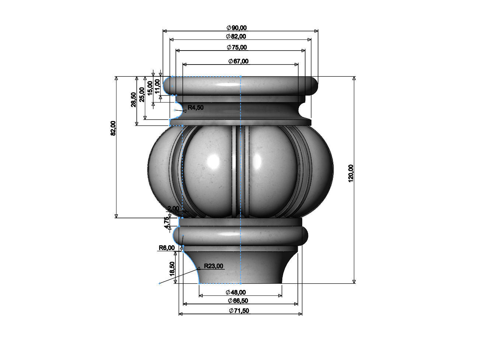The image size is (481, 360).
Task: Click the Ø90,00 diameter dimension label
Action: [x=237, y=28]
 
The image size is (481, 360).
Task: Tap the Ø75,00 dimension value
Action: [x=237, y=47]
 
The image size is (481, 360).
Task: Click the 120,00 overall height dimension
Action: [x=351, y=173]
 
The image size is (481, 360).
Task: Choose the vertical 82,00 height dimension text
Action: [x=113, y=128]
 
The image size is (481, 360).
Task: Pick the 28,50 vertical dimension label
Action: [x=133, y=99]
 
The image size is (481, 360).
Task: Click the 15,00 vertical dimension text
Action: [x=150, y=88]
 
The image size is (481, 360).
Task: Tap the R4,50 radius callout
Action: [x=195, y=108]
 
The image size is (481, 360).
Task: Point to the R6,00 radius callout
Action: [x=167, y=248]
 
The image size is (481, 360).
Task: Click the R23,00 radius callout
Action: [x=213, y=266]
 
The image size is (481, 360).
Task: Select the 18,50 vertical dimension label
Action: [x=172, y=269]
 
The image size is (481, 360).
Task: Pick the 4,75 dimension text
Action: [x=167, y=223]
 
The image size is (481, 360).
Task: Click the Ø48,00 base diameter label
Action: [x=236, y=292]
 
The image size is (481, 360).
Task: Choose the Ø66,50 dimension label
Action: [x=238, y=301]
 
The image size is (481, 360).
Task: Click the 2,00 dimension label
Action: [x=173, y=208]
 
